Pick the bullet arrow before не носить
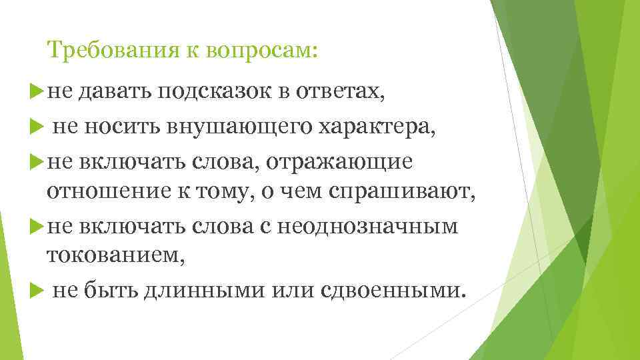point(37,125)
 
